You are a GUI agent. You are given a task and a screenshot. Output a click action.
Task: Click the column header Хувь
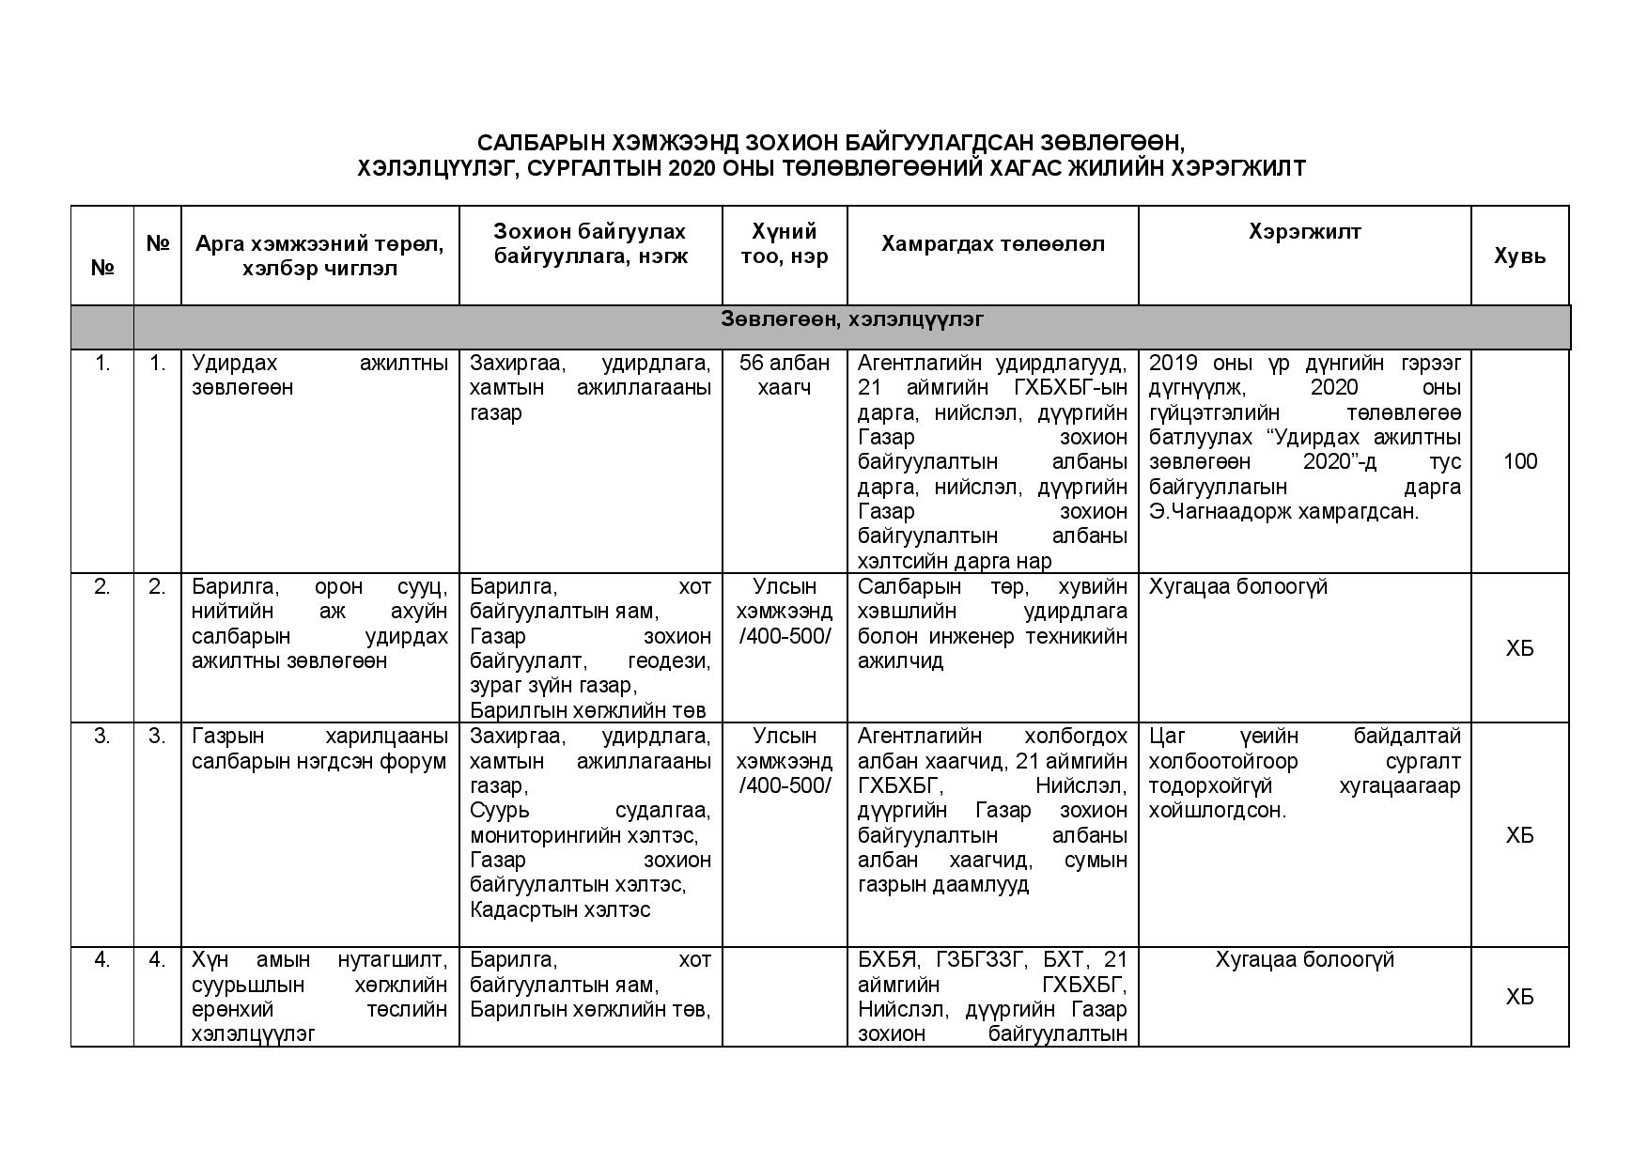tap(1519, 256)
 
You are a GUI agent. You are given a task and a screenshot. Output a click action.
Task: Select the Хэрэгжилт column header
tap(1304, 231)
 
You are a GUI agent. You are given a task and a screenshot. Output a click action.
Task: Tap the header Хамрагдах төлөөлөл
tap(992, 244)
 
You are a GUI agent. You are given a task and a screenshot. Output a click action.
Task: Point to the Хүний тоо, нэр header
tap(785, 244)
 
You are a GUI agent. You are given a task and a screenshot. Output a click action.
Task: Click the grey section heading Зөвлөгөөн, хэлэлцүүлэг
tap(852, 319)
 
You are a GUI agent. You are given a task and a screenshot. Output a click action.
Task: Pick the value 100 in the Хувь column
tap(1519, 461)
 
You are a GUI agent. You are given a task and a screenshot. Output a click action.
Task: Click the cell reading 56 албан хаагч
tap(785, 375)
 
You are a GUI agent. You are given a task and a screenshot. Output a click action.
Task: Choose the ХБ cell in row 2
tap(1519, 648)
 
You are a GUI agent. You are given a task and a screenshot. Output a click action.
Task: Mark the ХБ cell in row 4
tap(1519, 997)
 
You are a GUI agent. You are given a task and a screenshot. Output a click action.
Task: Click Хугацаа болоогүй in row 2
tap(1237, 587)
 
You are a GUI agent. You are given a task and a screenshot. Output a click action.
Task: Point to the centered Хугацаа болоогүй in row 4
tap(1304, 960)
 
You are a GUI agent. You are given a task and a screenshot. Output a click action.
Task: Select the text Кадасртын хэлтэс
tap(560, 910)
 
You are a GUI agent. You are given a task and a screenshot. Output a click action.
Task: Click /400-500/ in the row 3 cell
tap(785, 785)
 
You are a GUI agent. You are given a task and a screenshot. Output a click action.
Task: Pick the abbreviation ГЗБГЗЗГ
tap(979, 960)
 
